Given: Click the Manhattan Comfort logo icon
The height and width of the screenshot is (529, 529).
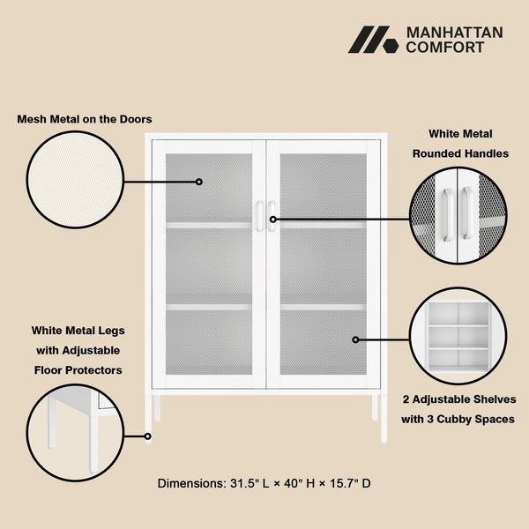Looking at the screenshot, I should (373, 40).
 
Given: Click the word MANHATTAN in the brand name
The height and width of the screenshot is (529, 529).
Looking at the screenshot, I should (453, 32).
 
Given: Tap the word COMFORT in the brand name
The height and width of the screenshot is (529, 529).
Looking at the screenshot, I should (444, 48).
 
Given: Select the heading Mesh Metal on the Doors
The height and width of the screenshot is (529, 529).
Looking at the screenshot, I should (85, 119).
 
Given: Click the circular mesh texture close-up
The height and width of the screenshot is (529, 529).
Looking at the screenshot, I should (74, 181).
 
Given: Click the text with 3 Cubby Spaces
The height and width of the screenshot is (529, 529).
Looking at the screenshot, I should (458, 420).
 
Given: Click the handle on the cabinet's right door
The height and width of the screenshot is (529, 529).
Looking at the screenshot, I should (272, 217).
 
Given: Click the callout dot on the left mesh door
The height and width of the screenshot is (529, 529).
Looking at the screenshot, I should (199, 182).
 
